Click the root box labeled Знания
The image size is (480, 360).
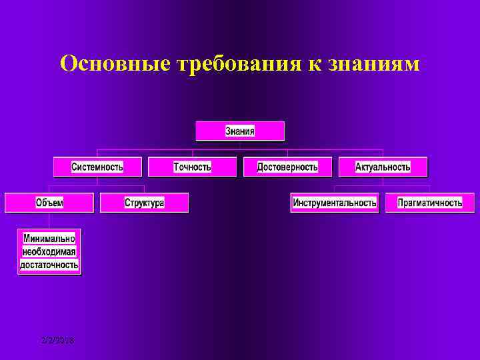240,131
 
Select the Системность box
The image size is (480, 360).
97,167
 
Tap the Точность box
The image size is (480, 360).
192,167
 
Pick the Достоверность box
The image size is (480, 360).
287,167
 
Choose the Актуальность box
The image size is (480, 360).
383,167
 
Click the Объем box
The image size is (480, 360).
49,203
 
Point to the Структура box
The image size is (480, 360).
144,203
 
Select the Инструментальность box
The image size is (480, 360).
335,203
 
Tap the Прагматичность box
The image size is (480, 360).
430,203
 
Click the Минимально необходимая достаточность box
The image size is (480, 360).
49,251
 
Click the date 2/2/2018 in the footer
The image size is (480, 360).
57,341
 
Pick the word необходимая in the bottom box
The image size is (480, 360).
49,251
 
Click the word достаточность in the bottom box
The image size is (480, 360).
49,265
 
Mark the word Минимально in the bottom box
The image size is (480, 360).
49,238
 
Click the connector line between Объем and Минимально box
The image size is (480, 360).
49,220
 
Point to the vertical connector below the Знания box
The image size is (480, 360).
240,145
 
